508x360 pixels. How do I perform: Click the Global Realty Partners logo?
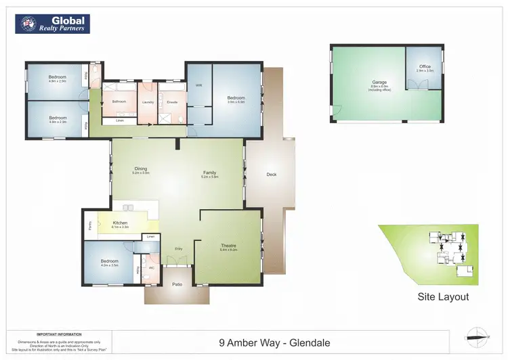tap(53, 24)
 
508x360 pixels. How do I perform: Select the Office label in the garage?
tap(425, 66)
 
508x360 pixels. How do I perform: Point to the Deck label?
tap(272, 175)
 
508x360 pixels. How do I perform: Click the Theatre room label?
tap(228, 246)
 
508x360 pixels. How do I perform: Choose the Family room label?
tap(210, 173)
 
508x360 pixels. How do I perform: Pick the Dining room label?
tap(141, 169)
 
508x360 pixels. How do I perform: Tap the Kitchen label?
tap(120, 223)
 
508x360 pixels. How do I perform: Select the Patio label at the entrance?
tap(177, 284)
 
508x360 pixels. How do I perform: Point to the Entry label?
tap(179, 249)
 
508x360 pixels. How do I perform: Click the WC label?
tap(152, 267)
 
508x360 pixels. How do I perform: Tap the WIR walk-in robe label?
tap(199, 85)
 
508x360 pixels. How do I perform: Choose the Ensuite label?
tap(172, 102)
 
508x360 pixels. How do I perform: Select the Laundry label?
tap(148, 102)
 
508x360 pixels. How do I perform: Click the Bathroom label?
tap(120, 102)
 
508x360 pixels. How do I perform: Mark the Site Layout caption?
tap(443, 296)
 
